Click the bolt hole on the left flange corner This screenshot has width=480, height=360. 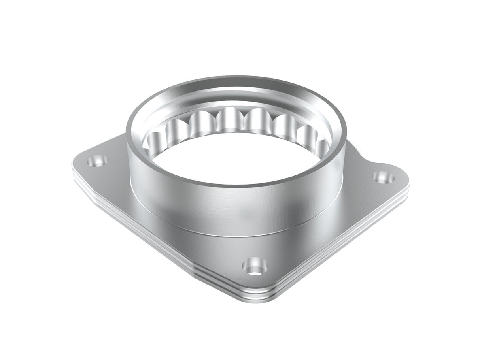97,161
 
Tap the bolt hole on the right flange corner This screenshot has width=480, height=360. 384,177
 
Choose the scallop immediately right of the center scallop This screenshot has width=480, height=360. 257,121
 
